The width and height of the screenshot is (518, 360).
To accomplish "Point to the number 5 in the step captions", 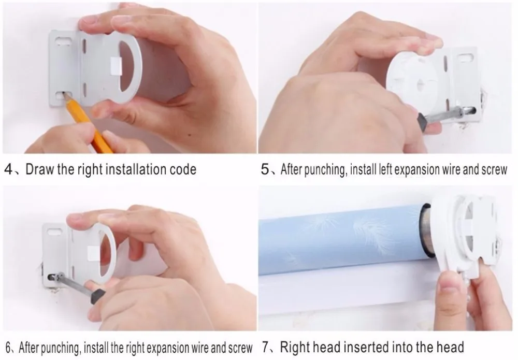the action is coord(265,169).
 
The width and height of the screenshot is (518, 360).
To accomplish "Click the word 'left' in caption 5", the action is coord(385,169).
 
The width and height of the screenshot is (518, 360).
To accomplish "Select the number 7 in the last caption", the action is coord(266,348).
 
